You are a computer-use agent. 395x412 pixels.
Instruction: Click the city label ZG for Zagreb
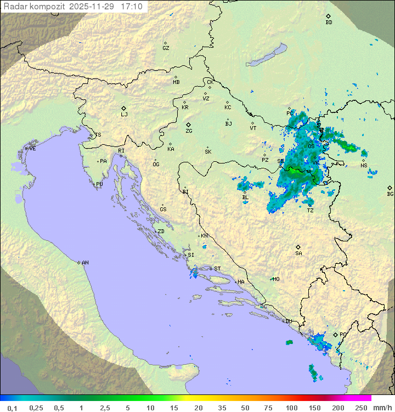(189, 131)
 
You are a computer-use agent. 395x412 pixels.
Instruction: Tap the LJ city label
(124, 115)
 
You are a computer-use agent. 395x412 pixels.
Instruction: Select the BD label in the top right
(329, 22)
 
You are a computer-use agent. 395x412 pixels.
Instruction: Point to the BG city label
(390, 194)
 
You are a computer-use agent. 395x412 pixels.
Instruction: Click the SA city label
(298, 253)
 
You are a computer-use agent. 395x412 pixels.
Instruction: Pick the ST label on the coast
(217, 269)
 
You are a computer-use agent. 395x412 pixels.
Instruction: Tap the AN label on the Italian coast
(85, 263)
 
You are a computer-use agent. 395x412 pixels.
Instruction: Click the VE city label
(32, 149)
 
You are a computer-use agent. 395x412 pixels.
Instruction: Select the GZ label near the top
(166, 48)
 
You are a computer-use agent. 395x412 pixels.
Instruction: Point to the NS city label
(364, 166)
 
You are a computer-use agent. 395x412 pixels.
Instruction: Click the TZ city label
(311, 211)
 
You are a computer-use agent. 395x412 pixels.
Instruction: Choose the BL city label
(245, 197)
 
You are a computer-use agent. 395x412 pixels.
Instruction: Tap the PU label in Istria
(99, 184)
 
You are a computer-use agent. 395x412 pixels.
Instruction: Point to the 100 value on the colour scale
(291, 408)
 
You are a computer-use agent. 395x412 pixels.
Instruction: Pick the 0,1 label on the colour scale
(12, 408)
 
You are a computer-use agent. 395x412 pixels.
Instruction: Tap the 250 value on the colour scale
(360, 408)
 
